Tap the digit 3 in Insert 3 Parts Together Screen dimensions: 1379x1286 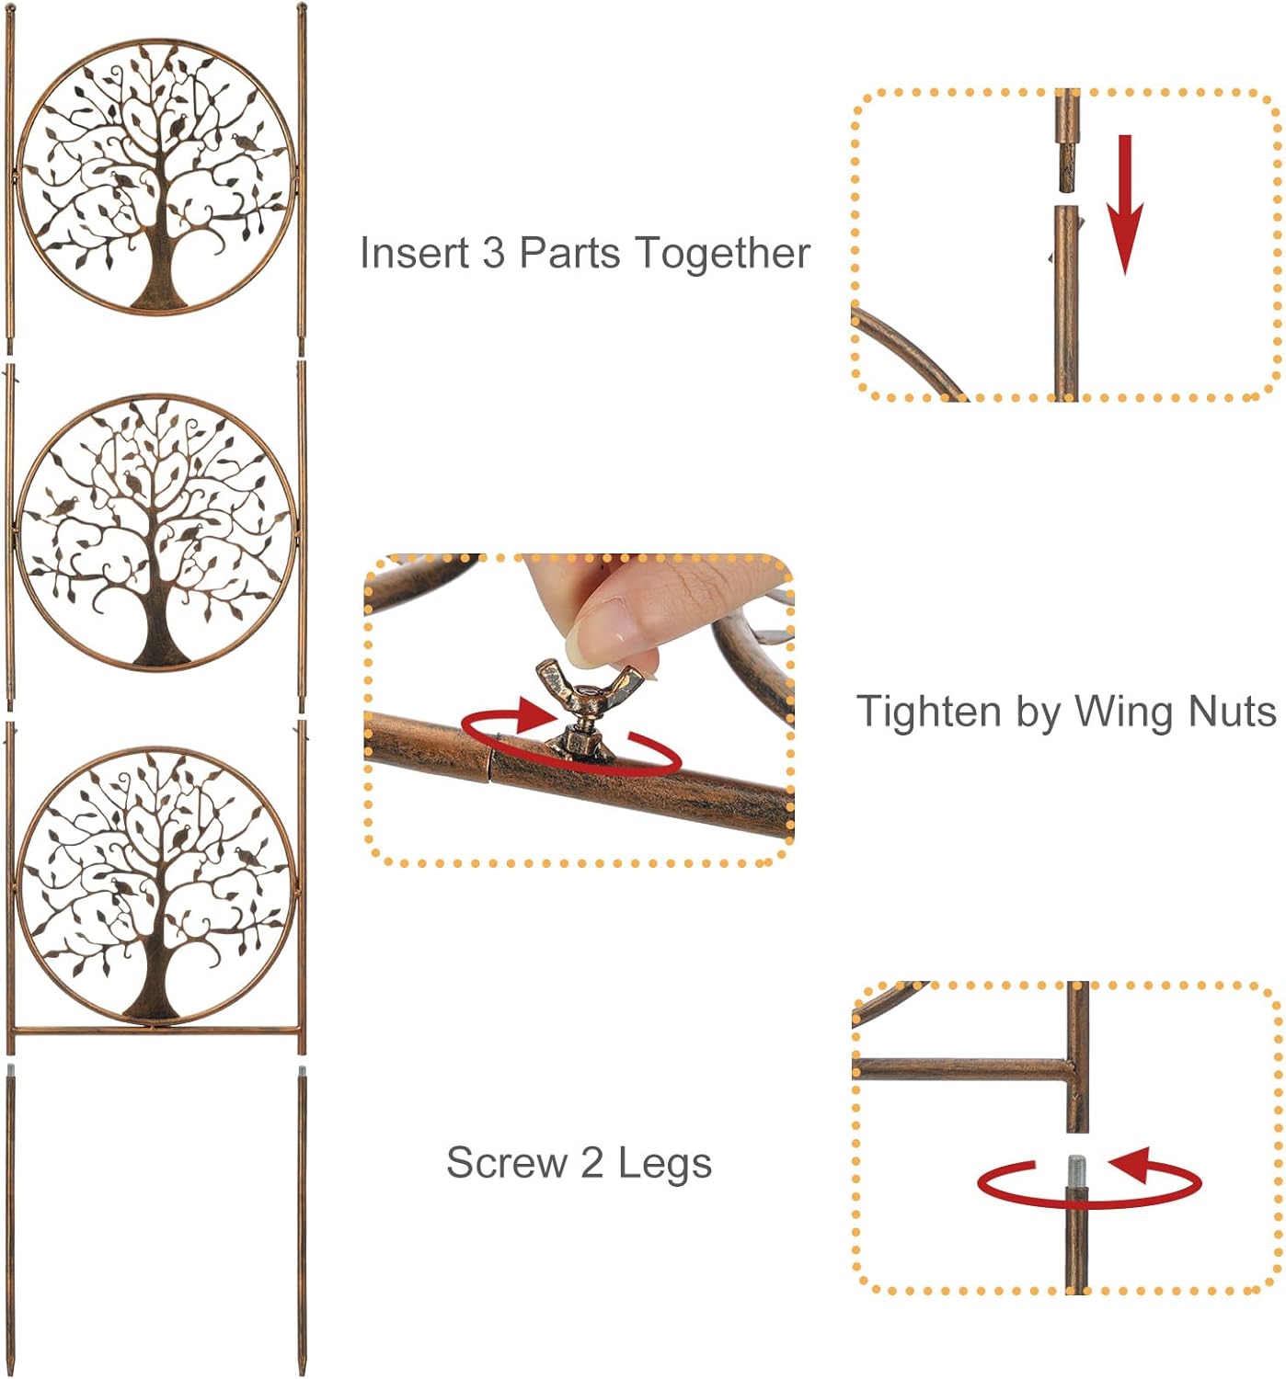coord(494,253)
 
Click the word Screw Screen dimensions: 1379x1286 coord(506,1163)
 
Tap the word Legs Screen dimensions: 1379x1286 coord(665,1163)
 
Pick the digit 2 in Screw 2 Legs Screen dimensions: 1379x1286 coord(591,1163)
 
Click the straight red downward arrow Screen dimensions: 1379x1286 coord(1124,207)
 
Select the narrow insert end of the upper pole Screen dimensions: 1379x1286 coord(1066,165)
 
